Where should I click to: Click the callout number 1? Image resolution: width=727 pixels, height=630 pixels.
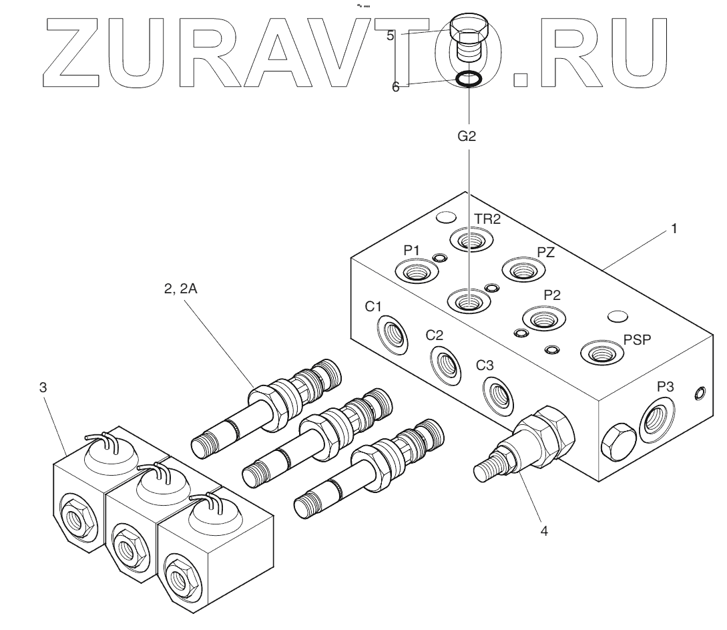pyautogui.click(x=674, y=229)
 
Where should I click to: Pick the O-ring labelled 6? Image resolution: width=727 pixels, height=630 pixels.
pyautogui.click(x=469, y=80)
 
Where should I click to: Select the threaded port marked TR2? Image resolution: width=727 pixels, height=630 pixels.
pyautogui.click(x=469, y=239)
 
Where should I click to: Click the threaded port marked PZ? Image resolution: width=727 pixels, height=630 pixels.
pyautogui.click(x=523, y=270)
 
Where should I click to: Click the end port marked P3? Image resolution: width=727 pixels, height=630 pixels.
pyautogui.click(x=658, y=420)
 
